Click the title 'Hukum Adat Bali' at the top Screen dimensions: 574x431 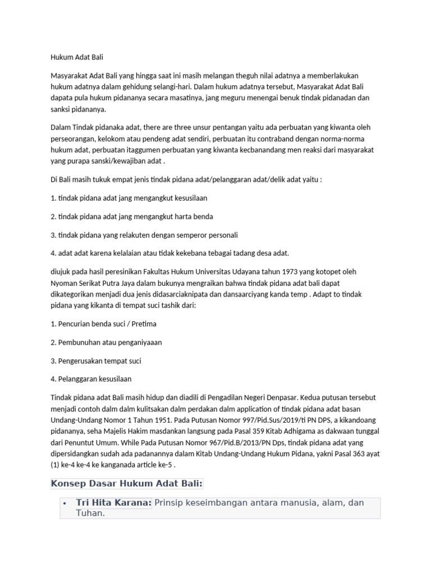coord(77,57)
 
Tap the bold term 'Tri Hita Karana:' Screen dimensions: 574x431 coord(114,503)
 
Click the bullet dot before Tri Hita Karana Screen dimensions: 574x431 coord(66,503)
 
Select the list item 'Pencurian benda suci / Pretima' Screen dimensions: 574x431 coord(103,324)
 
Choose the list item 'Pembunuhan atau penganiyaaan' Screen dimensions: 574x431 coord(106,342)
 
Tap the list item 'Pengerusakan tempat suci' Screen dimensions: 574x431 coord(96,360)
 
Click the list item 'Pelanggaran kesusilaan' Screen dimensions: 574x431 coord(91,379)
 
